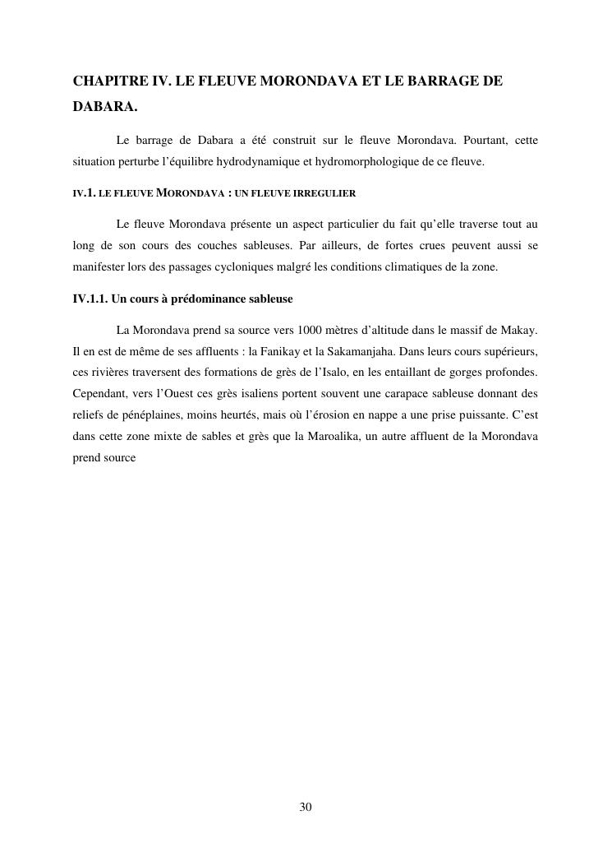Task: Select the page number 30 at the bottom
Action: [306, 807]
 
